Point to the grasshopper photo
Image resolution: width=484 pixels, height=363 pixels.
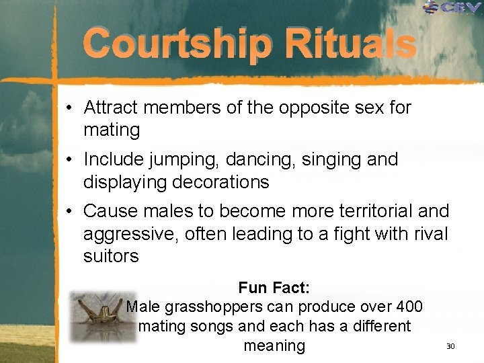pyautogui.click(x=103, y=317)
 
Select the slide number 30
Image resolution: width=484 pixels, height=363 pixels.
pyautogui.click(x=450, y=346)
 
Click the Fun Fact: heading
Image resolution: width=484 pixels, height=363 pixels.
pyautogui.click(x=274, y=288)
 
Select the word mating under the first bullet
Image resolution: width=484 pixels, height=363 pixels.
pyautogui.click(x=112, y=130)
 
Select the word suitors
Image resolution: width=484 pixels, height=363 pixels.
pyautogui.click(x=111, y=256)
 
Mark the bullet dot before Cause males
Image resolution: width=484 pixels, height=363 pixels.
pyautogui.click(x=69, y=212)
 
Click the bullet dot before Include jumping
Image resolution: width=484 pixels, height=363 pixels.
pyautogui.click(x=69, y=160)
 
